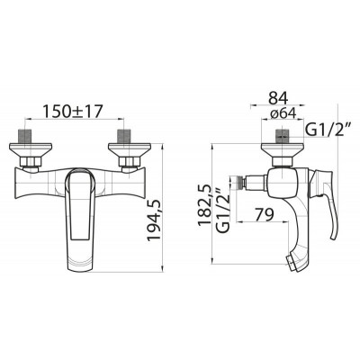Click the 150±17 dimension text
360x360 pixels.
click(73, 112)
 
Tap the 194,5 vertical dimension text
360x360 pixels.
click(155, 221)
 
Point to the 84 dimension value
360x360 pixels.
click(278, 98)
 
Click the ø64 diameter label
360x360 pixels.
click(283, 113)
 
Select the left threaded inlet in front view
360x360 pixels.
click(25, 137)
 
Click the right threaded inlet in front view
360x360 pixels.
click(123, 137)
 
